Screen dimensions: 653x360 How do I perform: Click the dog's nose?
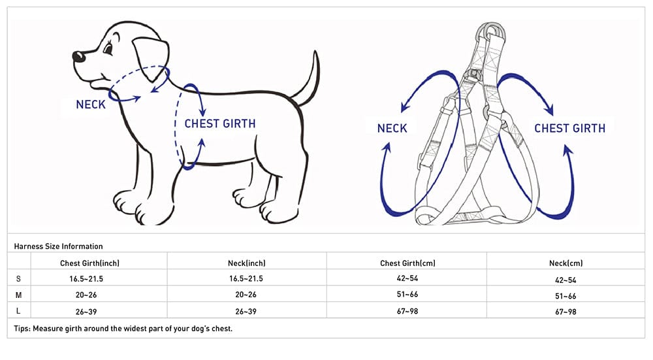[x=79, y=56]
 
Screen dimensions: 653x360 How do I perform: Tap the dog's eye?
[x=108, y=49]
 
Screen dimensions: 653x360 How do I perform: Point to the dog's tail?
[x=308, y=80]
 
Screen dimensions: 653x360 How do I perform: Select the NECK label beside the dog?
[x=91, y=105]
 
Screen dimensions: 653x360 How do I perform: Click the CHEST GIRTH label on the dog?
[x=220, y=123]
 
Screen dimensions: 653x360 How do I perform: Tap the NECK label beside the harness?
[x=392, y=128]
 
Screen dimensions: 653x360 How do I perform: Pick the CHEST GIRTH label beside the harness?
[x=569, y=128]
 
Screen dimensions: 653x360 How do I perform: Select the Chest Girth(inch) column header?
[x=89, y=263]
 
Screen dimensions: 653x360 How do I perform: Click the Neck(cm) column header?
[x=565, y=263]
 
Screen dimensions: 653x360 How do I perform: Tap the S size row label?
[x=18, y=279]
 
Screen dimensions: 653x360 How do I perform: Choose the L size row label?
[x=18, y=311]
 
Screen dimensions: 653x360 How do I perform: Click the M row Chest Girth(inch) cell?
[x=86, y=295]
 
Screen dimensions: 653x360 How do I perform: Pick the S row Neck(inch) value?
[x=246, y=279]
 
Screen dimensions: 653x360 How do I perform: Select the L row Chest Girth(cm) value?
[x=407, y=311]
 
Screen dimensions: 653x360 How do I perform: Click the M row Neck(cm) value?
[x=565, y=296]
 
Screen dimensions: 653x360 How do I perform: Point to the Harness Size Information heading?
[x=58, y=246]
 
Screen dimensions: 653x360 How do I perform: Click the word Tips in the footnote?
[x=22, y=329]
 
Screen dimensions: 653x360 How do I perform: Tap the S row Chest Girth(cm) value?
[x=407, y=278]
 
